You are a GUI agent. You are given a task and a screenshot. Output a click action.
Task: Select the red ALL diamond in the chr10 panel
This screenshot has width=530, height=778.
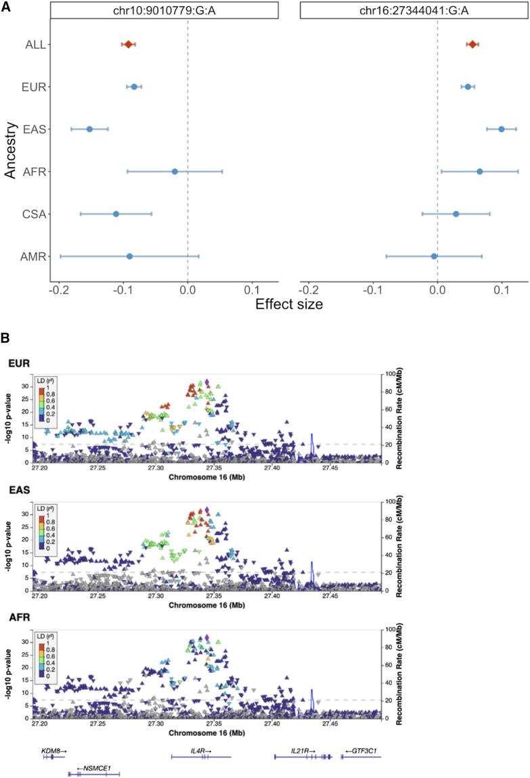129,45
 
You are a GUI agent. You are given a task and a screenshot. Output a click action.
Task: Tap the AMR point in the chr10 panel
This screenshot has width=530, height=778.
129,256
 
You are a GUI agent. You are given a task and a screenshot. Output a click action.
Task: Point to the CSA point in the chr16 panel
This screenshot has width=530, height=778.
456,214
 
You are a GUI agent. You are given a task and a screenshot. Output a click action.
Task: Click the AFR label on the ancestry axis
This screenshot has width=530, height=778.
34,172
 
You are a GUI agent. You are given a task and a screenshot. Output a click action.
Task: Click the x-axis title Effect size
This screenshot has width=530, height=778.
289,304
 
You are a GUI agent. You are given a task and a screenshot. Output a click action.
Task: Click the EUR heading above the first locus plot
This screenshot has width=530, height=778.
18,363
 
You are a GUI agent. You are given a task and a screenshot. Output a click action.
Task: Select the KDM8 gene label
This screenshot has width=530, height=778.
54,750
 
